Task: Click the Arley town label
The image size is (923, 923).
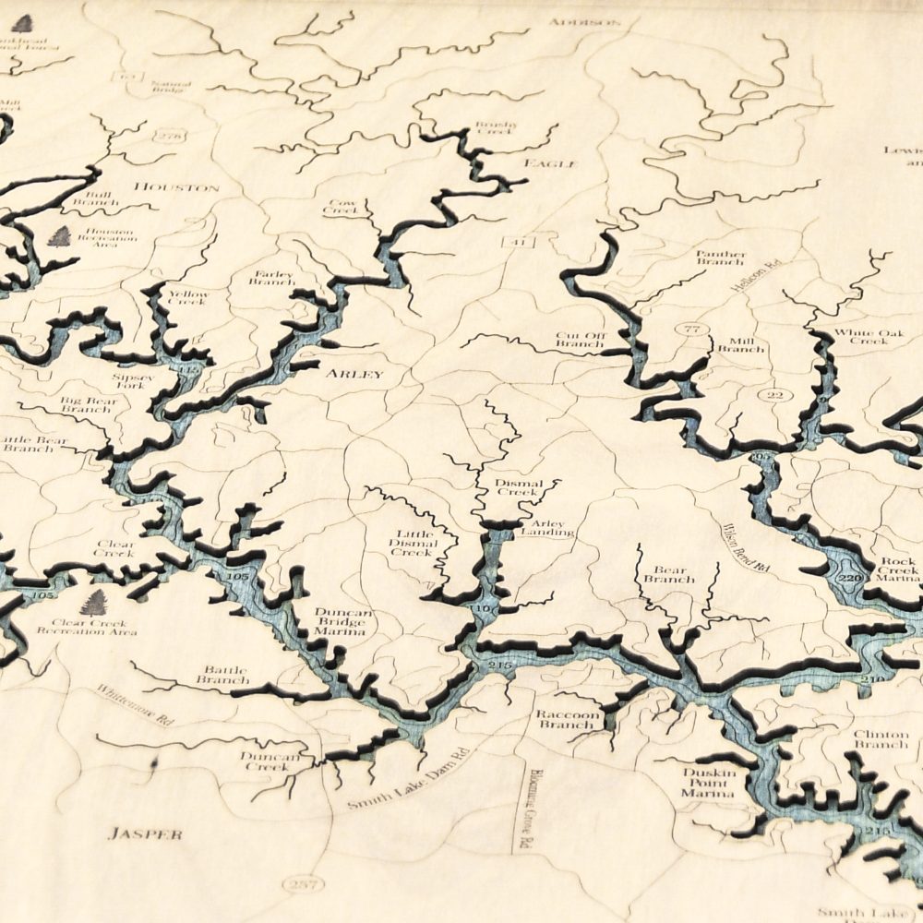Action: tap(354, 374)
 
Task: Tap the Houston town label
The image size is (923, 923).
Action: tap(176, 187)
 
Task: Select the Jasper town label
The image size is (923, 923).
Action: tap(145, 833)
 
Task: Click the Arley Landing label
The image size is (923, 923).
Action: tap(548, 528)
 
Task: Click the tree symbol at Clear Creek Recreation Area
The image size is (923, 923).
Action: tap(93, 603)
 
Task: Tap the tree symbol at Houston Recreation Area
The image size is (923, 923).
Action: tap(60, 236)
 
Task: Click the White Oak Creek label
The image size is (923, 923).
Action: tap(861, 336)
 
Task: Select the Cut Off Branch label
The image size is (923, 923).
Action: tap(580, 340)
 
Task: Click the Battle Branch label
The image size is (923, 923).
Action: tap(226, 675)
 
